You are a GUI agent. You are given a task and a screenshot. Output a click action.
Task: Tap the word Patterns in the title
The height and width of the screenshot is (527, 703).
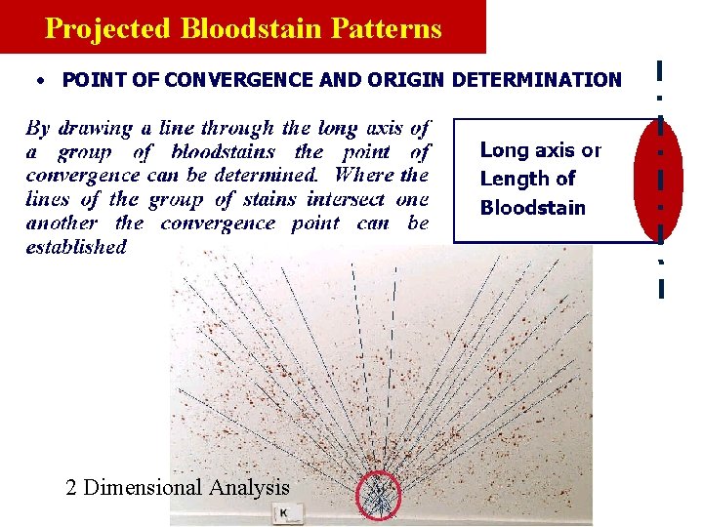click(x=390, y=28)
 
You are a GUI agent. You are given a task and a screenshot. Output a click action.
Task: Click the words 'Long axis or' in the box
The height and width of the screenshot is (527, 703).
click(x=540, y=150)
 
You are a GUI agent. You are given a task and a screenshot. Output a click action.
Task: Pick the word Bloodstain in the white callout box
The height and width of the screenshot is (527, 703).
click(x=532, y=207)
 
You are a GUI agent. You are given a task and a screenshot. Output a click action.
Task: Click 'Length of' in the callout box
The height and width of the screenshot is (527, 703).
click(x=527, y=179)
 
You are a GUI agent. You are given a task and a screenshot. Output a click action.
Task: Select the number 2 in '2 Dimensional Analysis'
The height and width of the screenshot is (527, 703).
click(x=71, y=487)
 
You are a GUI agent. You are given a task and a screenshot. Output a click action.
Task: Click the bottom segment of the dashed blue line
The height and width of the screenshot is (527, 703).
click(x=661, y=288)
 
